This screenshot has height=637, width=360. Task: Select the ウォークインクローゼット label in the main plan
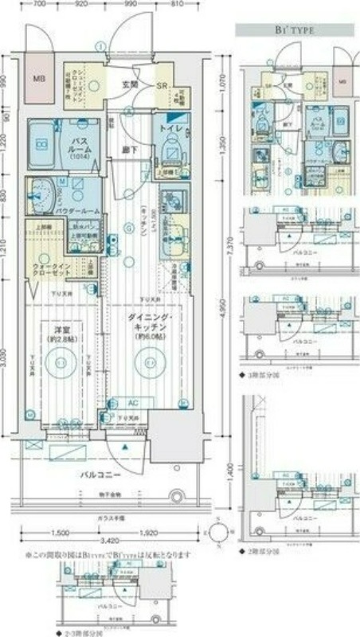(x=53, y=268)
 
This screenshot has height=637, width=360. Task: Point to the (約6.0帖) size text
(x=147, y=336)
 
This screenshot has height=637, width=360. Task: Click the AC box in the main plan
(x=133, y=403)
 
